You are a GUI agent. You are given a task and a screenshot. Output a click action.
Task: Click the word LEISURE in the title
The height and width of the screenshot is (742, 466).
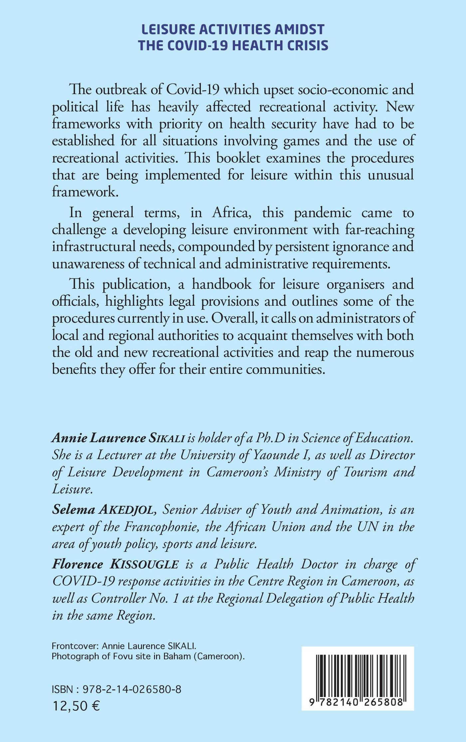click(166, 30)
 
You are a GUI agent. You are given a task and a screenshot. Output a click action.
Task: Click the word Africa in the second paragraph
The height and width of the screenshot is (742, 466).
click(232, 212)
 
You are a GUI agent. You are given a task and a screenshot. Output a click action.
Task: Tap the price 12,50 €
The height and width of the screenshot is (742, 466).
click(76, 704)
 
